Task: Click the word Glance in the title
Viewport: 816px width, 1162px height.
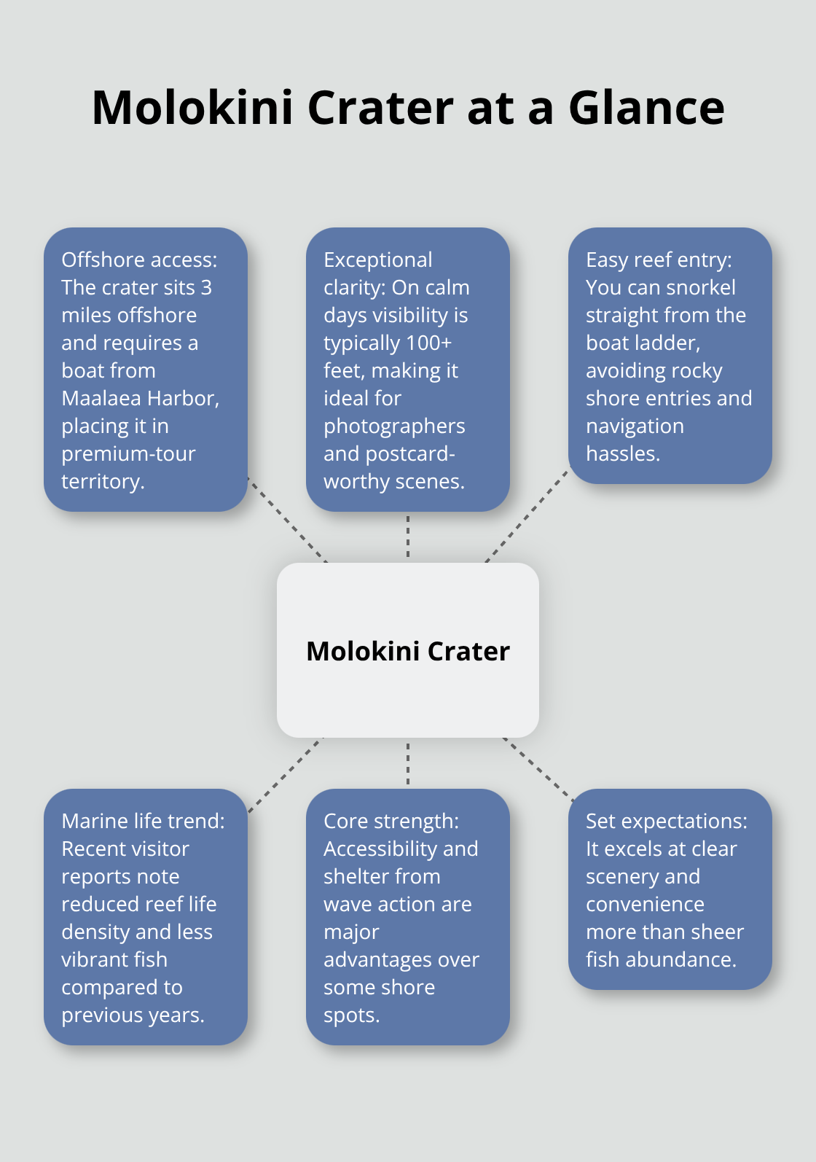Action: pyautogui.click(x=646, y=108)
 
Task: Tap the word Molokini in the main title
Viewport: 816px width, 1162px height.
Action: pyautogui.click(x=192, y=108)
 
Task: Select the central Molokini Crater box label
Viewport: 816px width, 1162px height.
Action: pyautogui.click(x=408, y=651)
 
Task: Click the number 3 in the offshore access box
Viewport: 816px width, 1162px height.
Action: pyautogui.click(x=206, y=287)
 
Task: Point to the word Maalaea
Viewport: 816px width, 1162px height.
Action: pyautogui.click(x=102, y=399)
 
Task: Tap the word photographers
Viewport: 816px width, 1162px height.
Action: pyautogui.click(x=394, y=426)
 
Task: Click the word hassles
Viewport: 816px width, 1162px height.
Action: pyautogui.click(x=623, y=454)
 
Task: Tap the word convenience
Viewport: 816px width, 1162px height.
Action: pyautogui.click(x=645, y=905)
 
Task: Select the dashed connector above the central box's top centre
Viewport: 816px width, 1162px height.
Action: pyautogui.click(x=408, y=537)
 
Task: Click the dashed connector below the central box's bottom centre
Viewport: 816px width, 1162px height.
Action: pyautogui.click(x=408, y=763)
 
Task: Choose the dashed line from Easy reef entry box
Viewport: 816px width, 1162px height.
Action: pyautogui.click(x=527, y=516)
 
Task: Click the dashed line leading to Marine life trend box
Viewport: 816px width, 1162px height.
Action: pyautogui.click(x=285, y=775)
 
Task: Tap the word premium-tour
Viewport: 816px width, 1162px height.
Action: pyautogui.click(x=128, y=454)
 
